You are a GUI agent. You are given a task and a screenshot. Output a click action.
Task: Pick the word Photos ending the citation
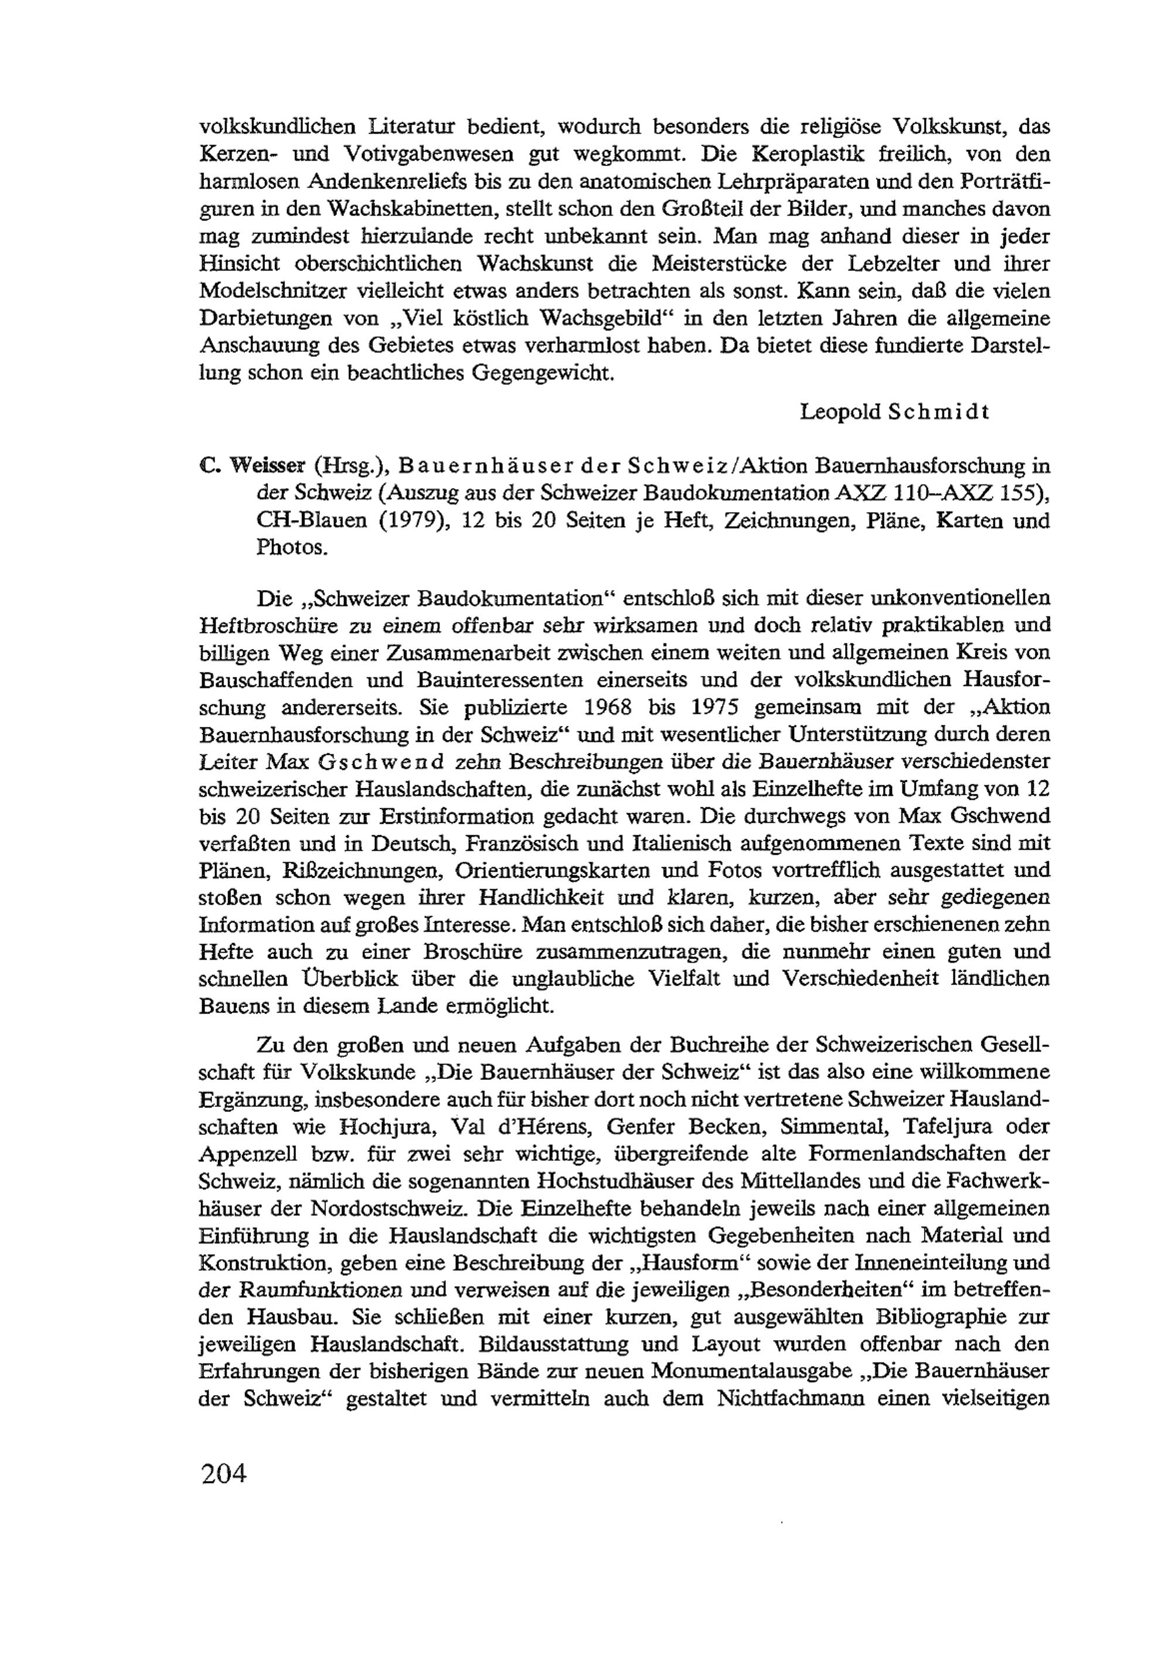tap(292, 547)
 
